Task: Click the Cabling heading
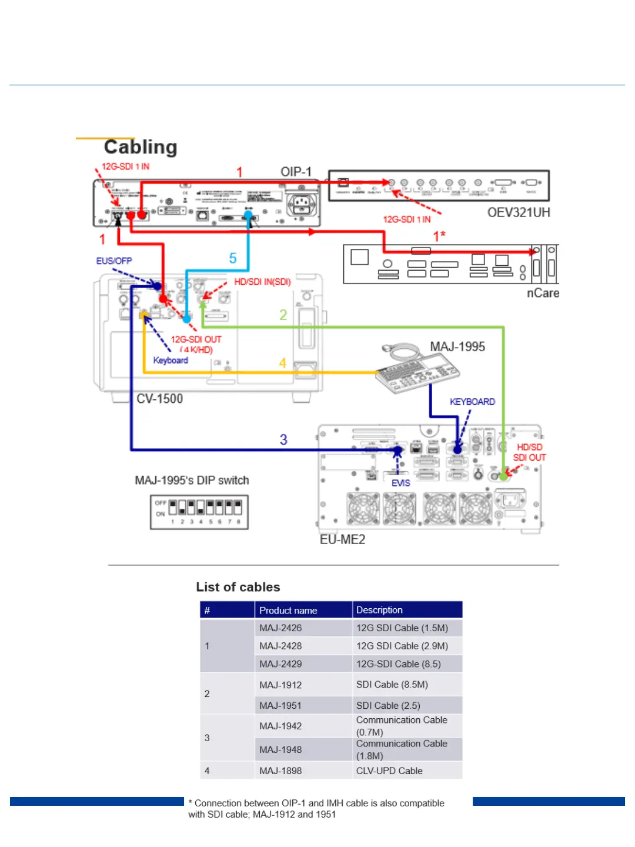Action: (x=141, y=147)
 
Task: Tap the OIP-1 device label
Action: (x=296, y=172)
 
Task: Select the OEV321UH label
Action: (x=519, y=212)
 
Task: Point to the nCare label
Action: (x=543, y=293)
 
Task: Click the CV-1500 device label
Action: (x=160, y=399)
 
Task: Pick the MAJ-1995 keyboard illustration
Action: (x=417, y=371)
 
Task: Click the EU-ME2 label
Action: (x=343, y=539)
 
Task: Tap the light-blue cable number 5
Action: (x=233, y=258)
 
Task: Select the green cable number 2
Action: (x=283, y=315)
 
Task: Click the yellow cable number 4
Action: (x=283, y=363)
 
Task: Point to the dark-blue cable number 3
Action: (x=283, y=439)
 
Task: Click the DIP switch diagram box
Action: (x=199, y=512)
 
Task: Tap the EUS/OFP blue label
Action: (x=114, y=261)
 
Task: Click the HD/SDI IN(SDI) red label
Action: (x=263, y=282)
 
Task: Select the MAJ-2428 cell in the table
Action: (x=280, y=646)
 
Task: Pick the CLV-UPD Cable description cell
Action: (x=389, y=771)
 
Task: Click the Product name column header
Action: (x=288, y=611)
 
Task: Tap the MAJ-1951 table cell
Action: (x=280, y=705)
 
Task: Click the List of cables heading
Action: (x=238, y=587)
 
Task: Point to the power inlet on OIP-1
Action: (x=302, y=205)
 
